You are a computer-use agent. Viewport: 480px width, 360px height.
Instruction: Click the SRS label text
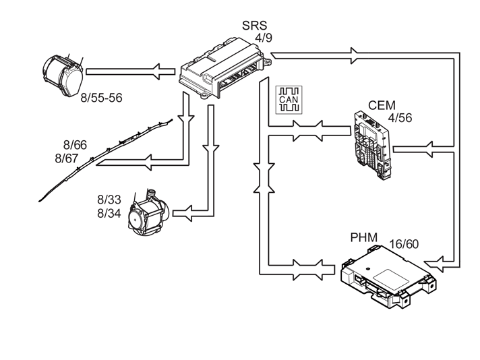click(254, 26)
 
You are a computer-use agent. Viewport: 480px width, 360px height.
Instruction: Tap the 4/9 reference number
click(264, 38)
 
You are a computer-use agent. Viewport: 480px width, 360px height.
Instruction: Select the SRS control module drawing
click(225, 68)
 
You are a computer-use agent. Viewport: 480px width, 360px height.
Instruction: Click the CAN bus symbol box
click(289, 100)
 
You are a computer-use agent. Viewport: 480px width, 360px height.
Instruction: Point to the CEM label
click(382, 105)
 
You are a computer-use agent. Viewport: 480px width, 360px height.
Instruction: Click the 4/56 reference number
click(400, 118)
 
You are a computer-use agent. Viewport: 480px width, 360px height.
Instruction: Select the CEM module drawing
click(372, 145)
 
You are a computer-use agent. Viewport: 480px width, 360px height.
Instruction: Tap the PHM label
click(363, 237)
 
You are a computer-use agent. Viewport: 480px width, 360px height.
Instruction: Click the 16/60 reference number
click(404, 244)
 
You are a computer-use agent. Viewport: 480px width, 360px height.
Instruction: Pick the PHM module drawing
click(388, 276)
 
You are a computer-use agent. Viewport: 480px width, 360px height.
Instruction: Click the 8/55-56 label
click(101, 98)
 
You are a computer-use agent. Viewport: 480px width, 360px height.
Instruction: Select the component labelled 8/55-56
click(63, 74)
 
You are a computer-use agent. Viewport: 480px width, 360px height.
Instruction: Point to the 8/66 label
click(75, 145)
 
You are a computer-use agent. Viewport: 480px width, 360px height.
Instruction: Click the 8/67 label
click(67, 158)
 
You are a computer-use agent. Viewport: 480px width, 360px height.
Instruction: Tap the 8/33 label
click(109, 200)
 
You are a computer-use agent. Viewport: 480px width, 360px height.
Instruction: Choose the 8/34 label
click(109, 213)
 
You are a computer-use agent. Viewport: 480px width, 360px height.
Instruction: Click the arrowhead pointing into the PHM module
click(433, 264)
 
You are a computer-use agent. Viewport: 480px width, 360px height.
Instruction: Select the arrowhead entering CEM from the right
click(428, 150)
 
